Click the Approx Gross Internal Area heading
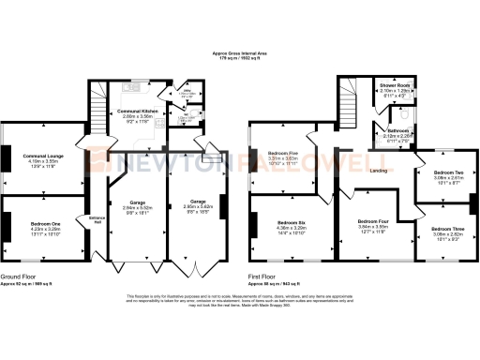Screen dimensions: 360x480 pyautogui.click(x=240, y=53)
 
